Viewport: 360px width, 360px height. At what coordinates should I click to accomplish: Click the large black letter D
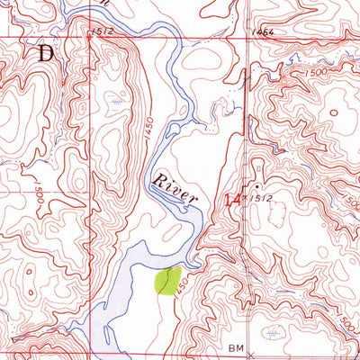[45, 52]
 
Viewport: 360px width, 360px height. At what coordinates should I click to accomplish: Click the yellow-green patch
[167, 281]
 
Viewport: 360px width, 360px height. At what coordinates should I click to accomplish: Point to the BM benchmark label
[237, 346]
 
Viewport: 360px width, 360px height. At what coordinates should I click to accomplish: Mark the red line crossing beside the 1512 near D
[90, 38]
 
